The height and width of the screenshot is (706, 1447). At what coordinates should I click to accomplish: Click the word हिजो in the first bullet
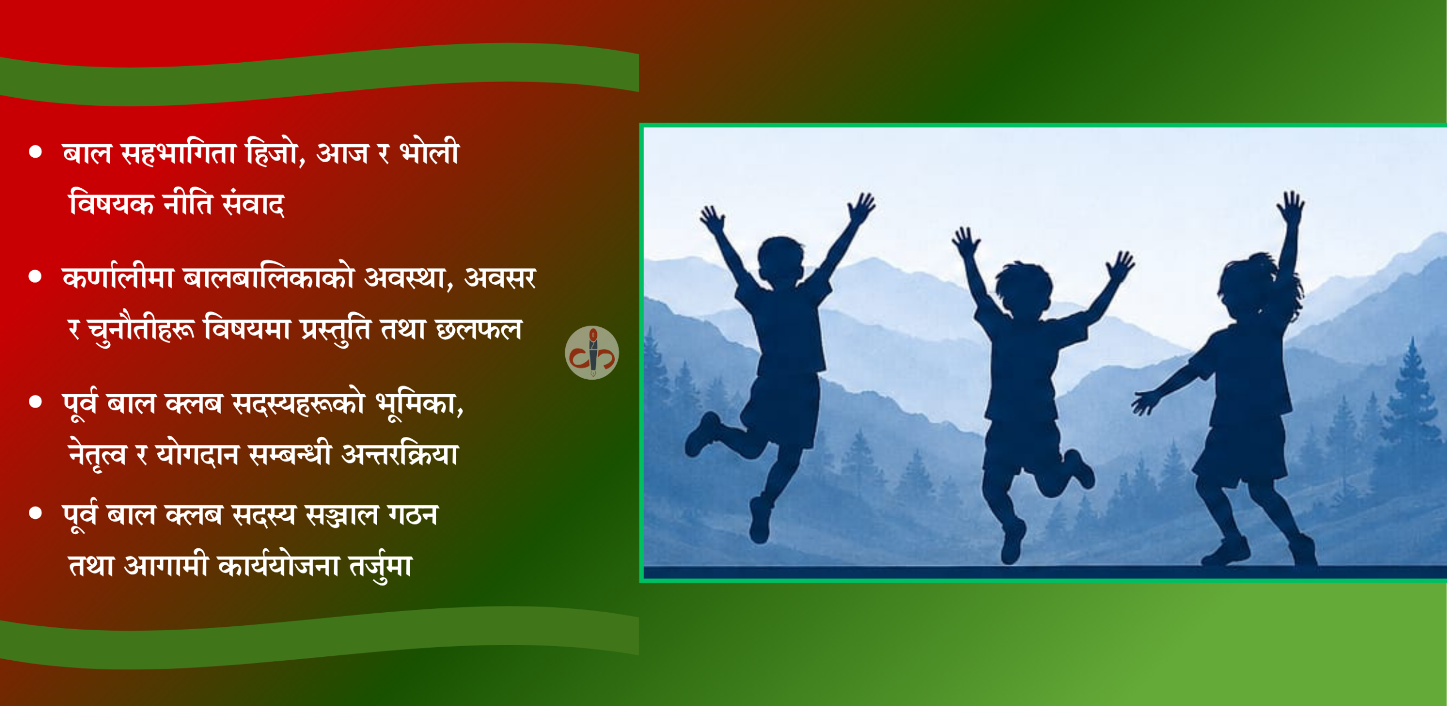point(274,153)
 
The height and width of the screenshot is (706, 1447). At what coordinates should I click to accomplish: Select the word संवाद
point(253,203)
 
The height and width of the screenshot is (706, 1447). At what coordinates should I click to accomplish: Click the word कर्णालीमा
point(118,277)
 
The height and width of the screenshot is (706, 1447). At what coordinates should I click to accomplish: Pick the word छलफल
point(478,329)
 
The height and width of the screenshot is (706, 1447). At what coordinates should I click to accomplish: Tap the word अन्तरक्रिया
point(400,454)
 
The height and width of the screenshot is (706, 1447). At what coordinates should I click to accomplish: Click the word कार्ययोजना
point(278,565)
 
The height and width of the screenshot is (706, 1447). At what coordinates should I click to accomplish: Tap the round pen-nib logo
point(592,353)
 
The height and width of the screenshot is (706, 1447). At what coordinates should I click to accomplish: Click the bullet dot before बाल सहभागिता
point(36,152)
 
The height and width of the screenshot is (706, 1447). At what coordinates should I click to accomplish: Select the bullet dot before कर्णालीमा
point(36,276)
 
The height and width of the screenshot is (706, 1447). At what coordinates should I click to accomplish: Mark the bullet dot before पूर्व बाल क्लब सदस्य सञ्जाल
point(36,513)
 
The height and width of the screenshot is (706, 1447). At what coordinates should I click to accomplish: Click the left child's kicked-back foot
point(701,434)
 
